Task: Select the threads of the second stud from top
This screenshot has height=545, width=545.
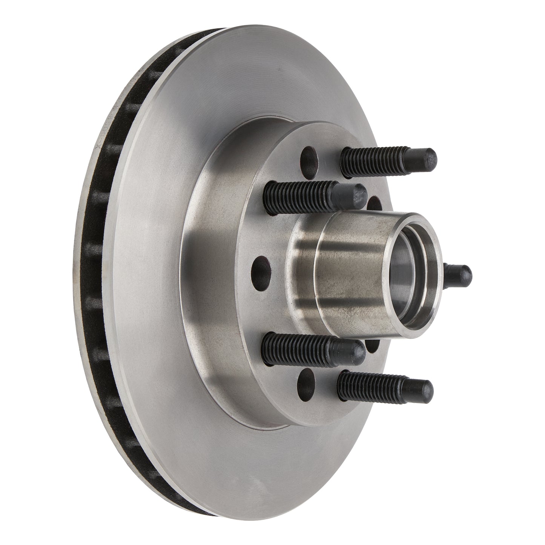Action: click(x=298, y=193)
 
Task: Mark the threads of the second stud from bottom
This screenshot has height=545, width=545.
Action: click(x=298, y=345)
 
